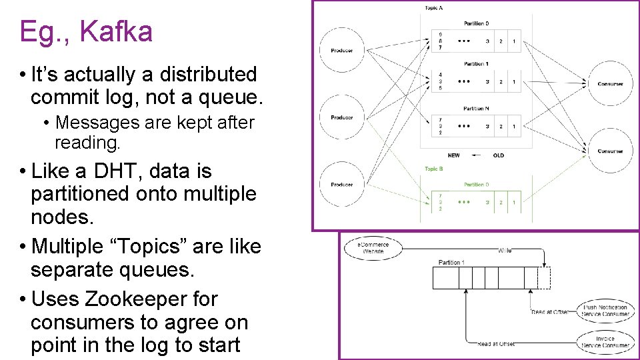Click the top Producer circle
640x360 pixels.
[x=341, y=51]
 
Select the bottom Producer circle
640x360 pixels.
[x=341, y=185]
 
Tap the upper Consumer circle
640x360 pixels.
[x=610, y=84]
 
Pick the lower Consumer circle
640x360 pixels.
[x=610, y=151]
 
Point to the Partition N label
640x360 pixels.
[x=476, y=109]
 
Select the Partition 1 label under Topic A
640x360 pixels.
[x=476, y=64]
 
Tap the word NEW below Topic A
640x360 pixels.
[x=453, y=155]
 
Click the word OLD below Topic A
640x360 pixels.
[x=499, y=155]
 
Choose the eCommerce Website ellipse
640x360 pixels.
[x=375, y=249]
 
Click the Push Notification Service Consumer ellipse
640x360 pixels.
[x=605, y=311]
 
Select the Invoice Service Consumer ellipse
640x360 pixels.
[x=605, y=342]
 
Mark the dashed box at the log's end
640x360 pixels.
[x=544, y=277]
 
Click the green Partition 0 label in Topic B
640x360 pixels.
[x=476, y=184]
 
